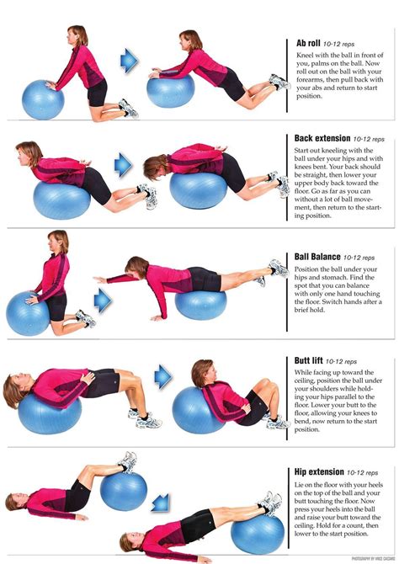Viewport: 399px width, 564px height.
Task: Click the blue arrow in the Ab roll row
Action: point(129,59)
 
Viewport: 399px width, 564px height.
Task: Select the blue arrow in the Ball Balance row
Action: point(104,299)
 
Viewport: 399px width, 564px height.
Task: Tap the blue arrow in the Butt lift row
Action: point(163,376)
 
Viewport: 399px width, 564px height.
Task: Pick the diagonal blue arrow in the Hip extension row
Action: point(160,503)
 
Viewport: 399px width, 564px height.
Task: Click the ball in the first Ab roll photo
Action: point(42,99)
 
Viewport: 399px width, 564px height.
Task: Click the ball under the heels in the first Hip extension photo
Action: point(125,492)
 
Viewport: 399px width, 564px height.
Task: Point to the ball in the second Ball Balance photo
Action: point(200,303)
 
